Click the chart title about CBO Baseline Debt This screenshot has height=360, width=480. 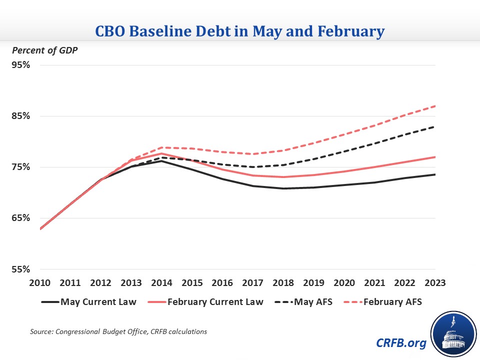240,31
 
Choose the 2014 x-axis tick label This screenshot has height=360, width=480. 162,282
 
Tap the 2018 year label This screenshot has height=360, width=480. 283,282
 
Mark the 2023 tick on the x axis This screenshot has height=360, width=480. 435,282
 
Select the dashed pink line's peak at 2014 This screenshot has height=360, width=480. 162,147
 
